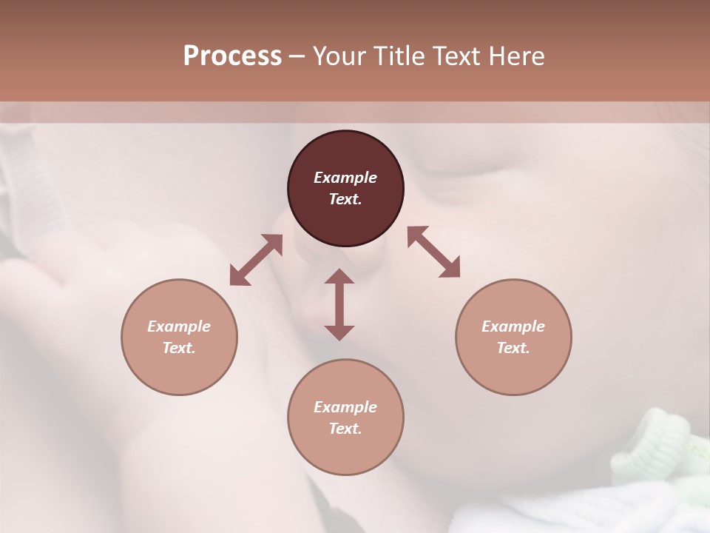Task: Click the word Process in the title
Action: (232, 56)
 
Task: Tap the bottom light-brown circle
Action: (345, 452)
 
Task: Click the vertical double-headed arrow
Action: (339, 304)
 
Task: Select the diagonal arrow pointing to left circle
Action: (256, 260)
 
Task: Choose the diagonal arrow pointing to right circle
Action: (434, 252)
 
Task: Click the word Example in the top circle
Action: (345, 178)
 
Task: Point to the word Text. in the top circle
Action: (345, 199)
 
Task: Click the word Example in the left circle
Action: (179, 326)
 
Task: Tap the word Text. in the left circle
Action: (179, 348)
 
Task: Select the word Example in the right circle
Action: (513, 326)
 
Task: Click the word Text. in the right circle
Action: (513, 348)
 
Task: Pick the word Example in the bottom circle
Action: (345, 407)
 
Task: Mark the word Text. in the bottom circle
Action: (345, 429)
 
